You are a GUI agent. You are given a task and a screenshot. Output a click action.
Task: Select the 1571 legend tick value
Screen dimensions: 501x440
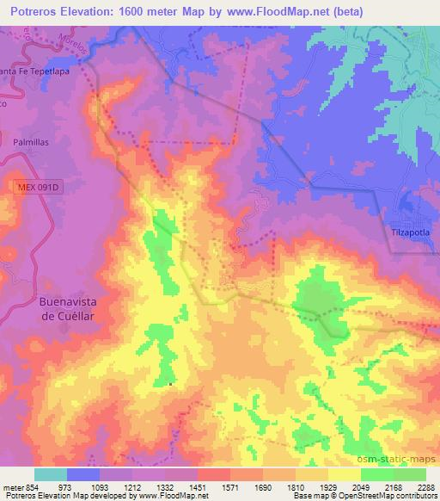[x=229, y=487]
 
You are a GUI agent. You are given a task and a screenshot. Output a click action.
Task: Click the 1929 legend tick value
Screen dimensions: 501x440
[x=327, y=487]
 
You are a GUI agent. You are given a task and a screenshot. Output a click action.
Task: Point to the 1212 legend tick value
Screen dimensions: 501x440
[x=132, y=487]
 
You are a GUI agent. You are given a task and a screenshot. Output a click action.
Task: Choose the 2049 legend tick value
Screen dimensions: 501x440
[x=360, y=487]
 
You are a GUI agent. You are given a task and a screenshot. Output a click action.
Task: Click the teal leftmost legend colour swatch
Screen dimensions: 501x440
[x=51, y=474]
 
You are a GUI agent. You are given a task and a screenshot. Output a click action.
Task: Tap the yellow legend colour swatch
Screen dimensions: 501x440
[x=344, y=474]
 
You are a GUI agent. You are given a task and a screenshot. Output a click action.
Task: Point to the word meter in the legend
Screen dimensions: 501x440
[x=13, y=487]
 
